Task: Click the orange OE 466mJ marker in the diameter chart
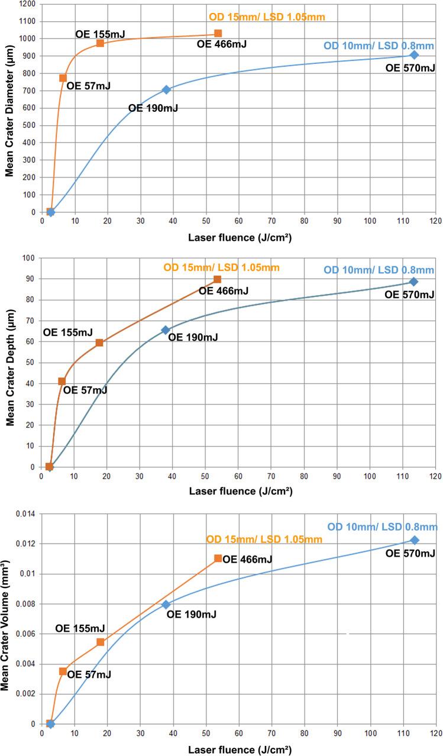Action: tap(218, 34)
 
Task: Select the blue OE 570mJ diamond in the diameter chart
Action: tap(414, 55)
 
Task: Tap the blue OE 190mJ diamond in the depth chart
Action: tap(166, 330)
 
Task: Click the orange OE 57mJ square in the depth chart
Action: tap(62, 382)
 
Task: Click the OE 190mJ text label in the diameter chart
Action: tap(153, 108)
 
